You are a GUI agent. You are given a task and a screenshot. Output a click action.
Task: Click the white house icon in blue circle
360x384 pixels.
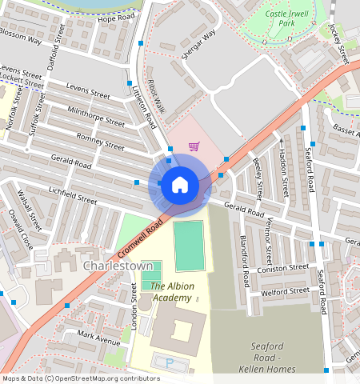[x=180, y=185]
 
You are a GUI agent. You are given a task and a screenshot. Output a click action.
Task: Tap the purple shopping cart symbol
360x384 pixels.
[x=194, y=146]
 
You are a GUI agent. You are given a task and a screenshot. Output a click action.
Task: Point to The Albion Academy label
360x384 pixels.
[x=172, y=292]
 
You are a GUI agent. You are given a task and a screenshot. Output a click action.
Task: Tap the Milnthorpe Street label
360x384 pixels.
[x=97, y=117]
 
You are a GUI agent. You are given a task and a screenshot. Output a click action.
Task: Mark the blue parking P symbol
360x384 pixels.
[x=170, y=362]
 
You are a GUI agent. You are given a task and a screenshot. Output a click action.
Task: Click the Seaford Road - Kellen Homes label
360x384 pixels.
[x=268, y=357]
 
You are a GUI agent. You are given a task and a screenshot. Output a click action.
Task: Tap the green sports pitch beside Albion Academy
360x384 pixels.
[x=190, y=246]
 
